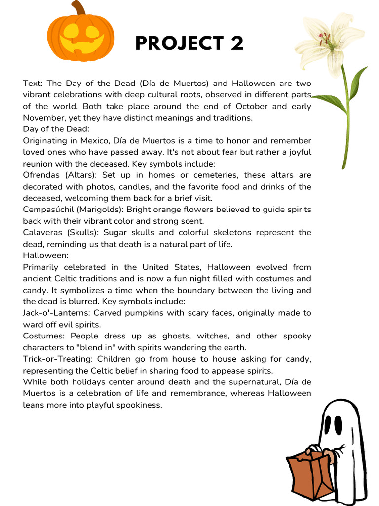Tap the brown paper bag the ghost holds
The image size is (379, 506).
309,475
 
